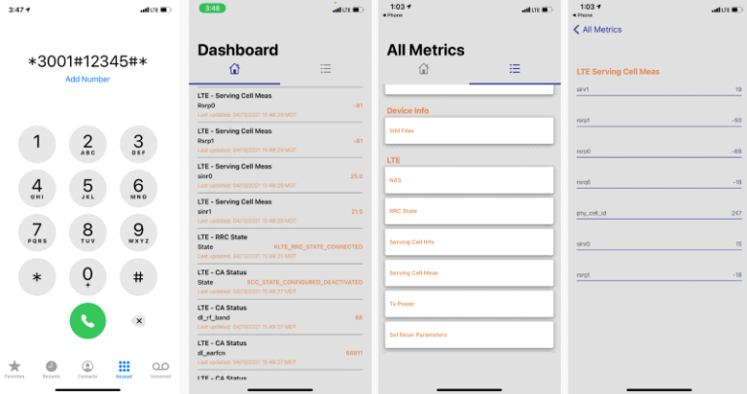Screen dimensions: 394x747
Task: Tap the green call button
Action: (88, 320)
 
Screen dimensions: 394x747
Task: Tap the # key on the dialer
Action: (138, 276)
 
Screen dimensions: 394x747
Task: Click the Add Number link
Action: (88, 79)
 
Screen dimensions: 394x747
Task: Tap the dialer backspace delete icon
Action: (139, 320)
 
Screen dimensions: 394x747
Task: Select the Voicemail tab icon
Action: (160, 367)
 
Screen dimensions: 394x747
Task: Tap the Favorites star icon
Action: (15, 367)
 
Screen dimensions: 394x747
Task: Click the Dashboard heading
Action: (237, 50)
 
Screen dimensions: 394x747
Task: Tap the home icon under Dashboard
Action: (233, 69)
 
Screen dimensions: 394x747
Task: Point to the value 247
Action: (736, 213)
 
